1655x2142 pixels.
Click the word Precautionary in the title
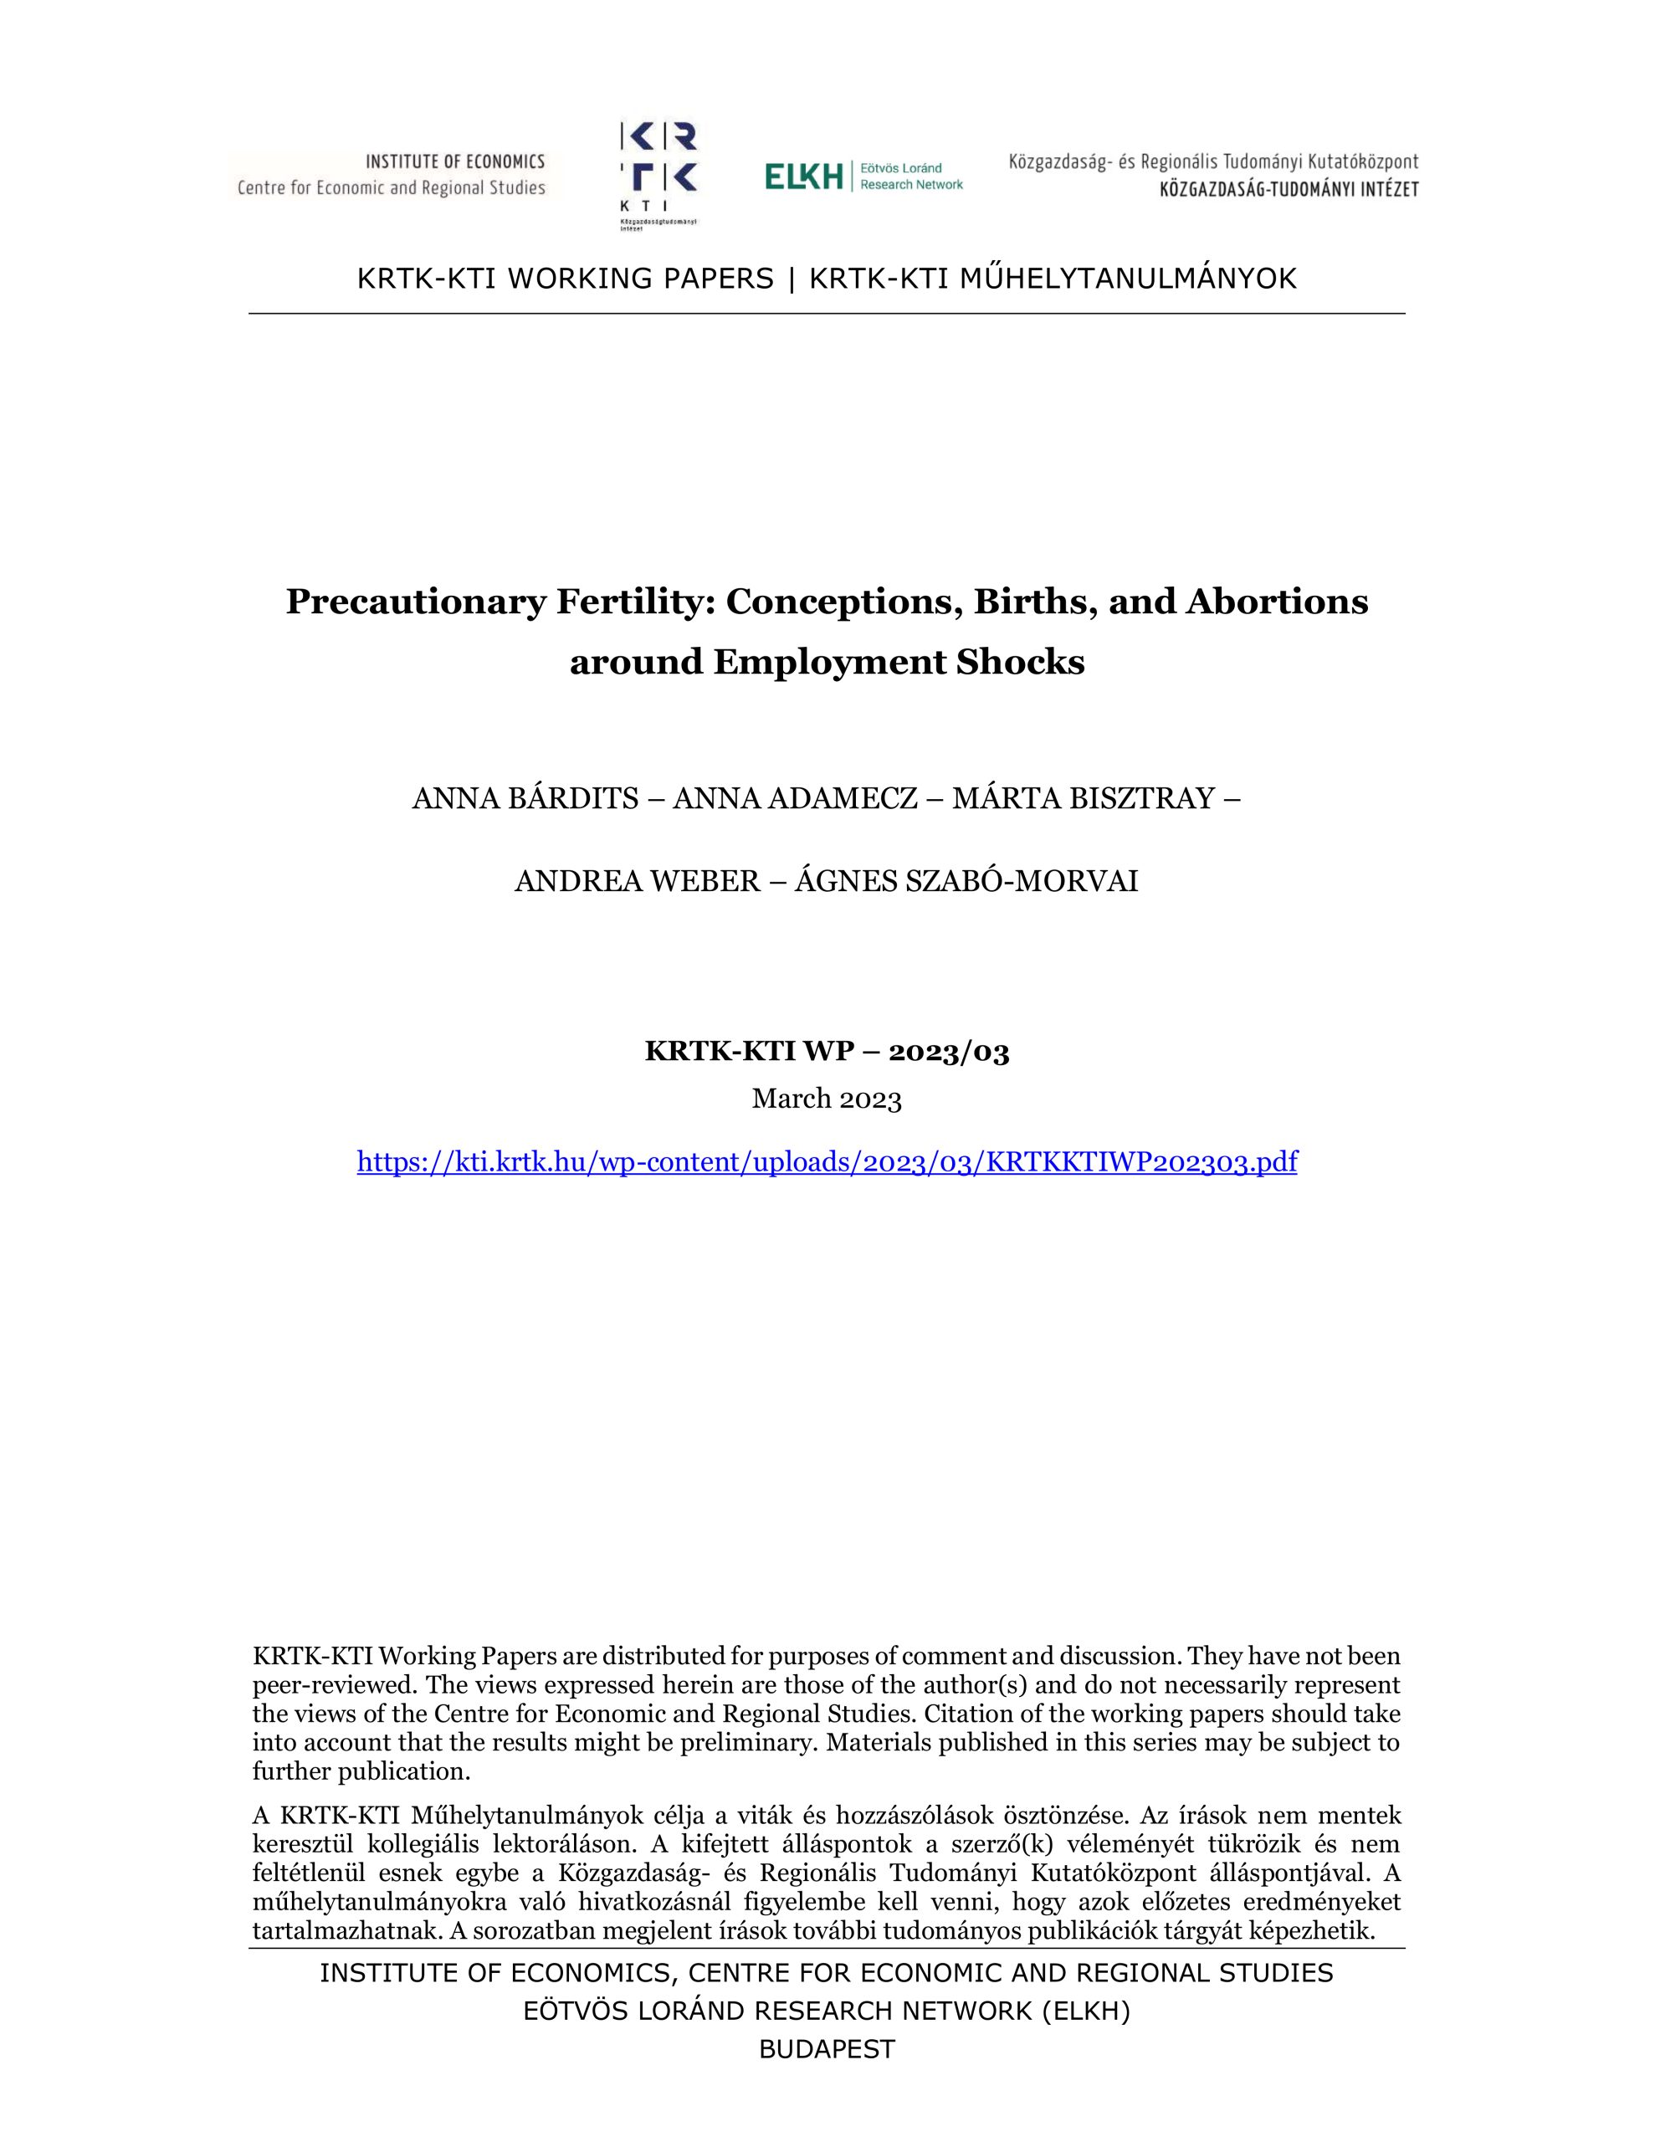coord(415,602)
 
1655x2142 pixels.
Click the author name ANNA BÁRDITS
coord(525,798)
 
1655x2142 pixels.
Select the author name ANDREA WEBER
coord(637,881)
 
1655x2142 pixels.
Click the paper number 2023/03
coord(949,1053)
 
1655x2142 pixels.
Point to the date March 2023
coord(827,1099)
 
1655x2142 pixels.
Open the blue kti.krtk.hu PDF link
coord(827,1162)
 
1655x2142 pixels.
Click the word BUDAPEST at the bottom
coord(827,2049)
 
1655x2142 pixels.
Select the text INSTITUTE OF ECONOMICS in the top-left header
coord(455,161)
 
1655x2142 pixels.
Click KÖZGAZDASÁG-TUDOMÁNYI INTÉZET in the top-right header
coord(1288,190)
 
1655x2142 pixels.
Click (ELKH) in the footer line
coord(1086,2011)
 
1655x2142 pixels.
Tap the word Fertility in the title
coord(638,602)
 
